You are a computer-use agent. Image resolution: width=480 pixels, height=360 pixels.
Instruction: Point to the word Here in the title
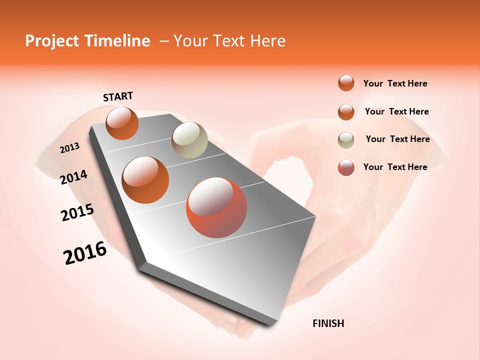click(x=267, y=41)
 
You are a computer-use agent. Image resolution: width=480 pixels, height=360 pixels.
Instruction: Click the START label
click(x=118, y=96)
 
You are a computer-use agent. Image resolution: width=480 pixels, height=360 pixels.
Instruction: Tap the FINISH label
click(x=328, y=323)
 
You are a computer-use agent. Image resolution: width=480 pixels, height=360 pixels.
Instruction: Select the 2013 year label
click(x=70, y=148)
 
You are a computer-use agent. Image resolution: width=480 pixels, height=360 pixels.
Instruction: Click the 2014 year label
click(x=74, y=177)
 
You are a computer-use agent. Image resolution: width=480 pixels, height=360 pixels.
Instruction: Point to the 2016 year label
click(x=85, y=253)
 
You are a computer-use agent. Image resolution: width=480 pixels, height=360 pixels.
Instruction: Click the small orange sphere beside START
click(x=122, y=123)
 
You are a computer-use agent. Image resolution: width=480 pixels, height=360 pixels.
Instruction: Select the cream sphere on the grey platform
click(x=189, y=140)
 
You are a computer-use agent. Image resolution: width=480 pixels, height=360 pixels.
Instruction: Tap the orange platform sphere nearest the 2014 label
click(x=145, y=179)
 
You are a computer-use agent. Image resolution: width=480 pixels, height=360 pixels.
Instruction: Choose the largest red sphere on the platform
click(x=216, y=207)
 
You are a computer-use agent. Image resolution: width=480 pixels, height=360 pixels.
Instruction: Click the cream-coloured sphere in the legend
click(x=346, y=140)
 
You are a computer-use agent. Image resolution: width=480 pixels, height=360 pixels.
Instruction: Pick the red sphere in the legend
click(x=346, y=167)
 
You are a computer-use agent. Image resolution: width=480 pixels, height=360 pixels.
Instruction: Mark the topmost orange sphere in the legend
click(x=346, y=83)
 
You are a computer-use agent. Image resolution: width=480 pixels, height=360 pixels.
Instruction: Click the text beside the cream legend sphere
click(x=397, y=139)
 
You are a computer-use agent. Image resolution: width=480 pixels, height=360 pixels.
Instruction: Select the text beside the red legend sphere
click(x=395, y=167)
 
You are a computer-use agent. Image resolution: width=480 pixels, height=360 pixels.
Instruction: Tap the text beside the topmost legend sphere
click(x=395, y=83)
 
